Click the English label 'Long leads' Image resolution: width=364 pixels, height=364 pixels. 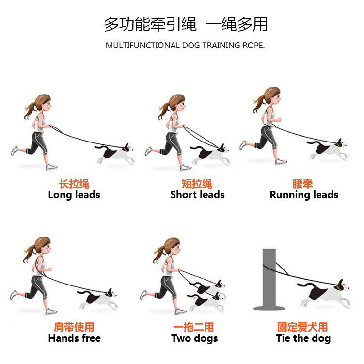(x=74, y=195)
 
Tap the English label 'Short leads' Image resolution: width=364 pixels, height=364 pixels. (x=197, y=195)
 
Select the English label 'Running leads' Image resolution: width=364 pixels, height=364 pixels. (x=304, y=195)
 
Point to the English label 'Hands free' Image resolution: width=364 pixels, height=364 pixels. (x=74, y=338)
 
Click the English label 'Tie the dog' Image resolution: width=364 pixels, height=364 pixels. (x=303, y=338)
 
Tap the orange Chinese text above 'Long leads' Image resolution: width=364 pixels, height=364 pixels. (x=74, y=184)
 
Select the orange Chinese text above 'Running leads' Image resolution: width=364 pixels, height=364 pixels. (x=303, y=184)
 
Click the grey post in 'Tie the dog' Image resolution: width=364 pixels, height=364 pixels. (x=269, y=279)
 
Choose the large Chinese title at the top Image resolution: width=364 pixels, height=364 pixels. (x=186, y=24)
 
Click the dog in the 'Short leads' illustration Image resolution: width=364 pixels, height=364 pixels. (x=210, y=154)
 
